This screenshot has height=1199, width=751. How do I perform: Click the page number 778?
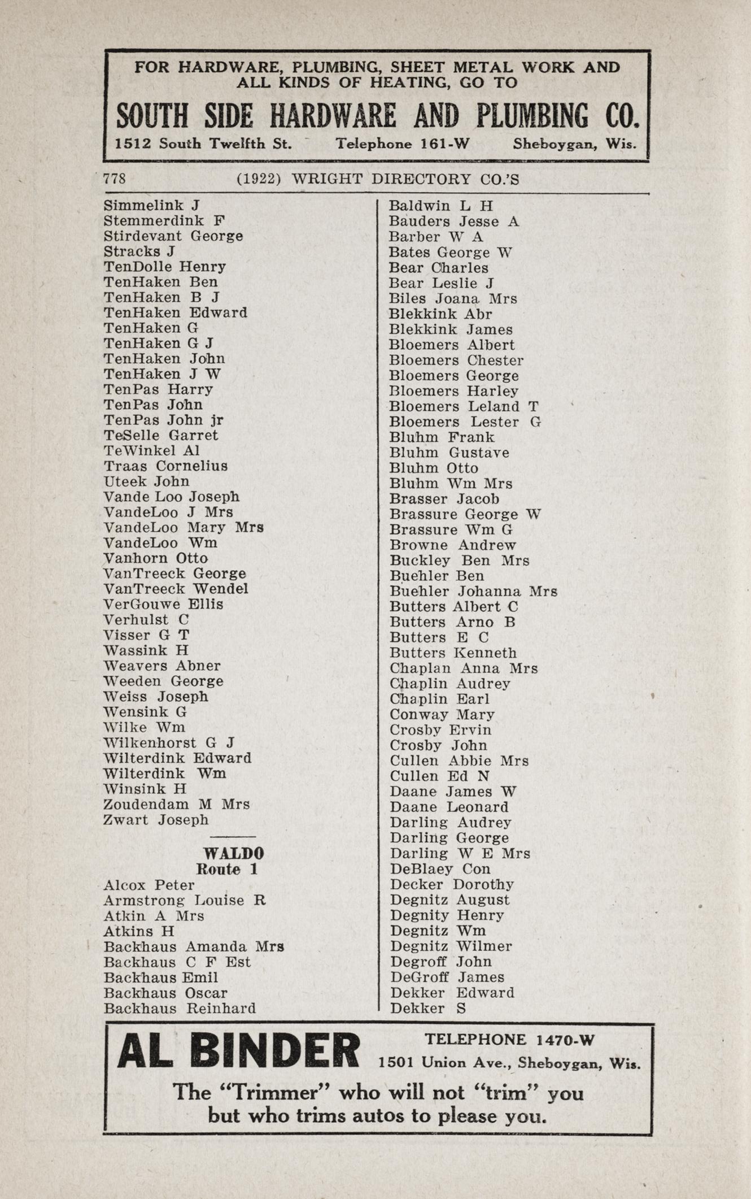click(x=115, y=179)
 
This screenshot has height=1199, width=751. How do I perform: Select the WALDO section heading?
click(x=233, y=853)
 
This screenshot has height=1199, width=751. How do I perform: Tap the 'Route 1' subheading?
click(x=226, y=869)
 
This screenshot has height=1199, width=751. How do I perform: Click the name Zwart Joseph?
click(x=156, y=820)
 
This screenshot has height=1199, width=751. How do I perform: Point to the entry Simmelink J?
click(x=151, y=206)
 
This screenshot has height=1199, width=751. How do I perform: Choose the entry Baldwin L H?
click(x=440, y=206)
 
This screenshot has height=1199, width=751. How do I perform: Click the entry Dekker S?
click(x=427, y=1008)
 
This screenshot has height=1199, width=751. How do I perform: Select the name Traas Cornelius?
click(x=165, y=466)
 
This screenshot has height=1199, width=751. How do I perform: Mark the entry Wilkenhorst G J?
click(x=169, y=743)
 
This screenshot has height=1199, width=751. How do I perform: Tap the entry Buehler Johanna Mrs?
click(x=473, y=592)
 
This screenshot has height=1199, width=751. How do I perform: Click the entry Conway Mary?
click(x=442, y=715)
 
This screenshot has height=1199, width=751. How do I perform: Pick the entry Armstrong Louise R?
click(x=184, y=900)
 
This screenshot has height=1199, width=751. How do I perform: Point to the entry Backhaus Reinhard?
click(x=180, y=1008)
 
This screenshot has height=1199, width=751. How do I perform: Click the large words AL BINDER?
click(x=238, y=1050)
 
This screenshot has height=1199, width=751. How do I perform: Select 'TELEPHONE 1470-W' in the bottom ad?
click(x=509, y=1039)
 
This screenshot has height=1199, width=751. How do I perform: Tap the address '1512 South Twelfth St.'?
click(x=203, y=144)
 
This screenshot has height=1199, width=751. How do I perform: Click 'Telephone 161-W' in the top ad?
click(x=403, y=144)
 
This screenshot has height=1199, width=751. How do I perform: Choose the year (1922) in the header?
click(x=259, y=179)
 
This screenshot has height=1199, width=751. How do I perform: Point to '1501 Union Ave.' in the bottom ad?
click(x=445, y=1063)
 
